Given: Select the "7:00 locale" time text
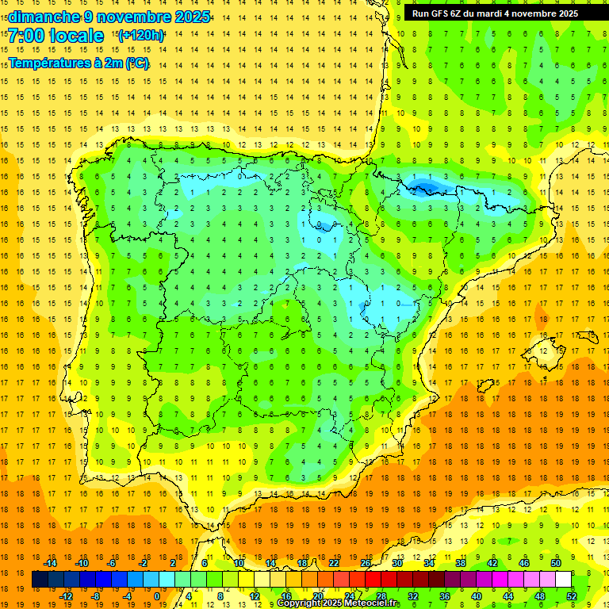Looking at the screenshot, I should click(56, 36).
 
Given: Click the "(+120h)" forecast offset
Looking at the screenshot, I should click(141, 36).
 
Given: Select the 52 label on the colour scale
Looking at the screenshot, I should click(572, 596).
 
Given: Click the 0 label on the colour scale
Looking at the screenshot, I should click(156, 596).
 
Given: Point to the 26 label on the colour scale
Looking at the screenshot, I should click(366, 563).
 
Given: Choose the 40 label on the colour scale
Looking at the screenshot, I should click(476, 596).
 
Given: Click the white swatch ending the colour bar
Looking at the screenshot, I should click(563, 580).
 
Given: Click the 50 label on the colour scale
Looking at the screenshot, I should click(556, 563).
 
